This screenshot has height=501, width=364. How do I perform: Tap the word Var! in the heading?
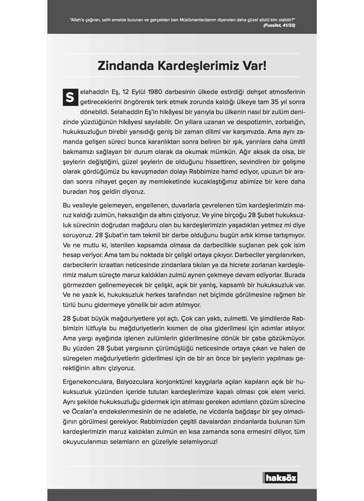click(255, 66)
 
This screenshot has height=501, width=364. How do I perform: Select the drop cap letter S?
click(70, 97)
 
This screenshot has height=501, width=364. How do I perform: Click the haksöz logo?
click(280, 478)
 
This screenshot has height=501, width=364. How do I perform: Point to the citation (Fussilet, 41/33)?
click(279, 25)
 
